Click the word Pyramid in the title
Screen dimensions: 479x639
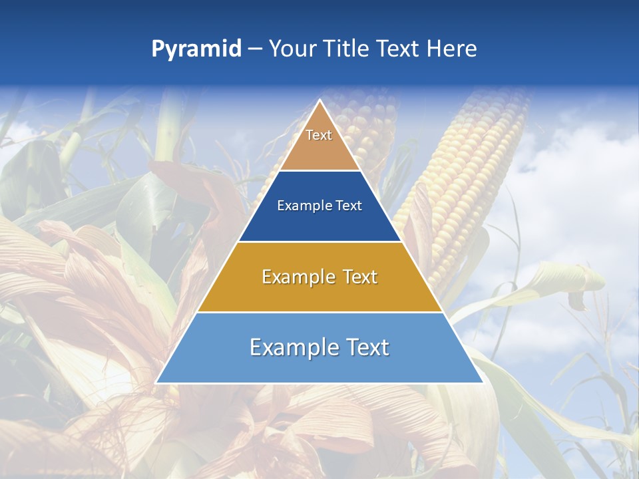coord(196,49)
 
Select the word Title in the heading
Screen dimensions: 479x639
coord(345,49)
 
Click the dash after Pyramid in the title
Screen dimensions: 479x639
coord(255,49)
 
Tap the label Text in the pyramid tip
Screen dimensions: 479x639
coord(319,135)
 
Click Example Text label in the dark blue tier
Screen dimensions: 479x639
coord(319,206)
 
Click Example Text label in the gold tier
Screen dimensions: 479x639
coord(319,277)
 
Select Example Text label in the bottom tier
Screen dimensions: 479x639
coord(319,347)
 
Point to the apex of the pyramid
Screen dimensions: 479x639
coord(319,101)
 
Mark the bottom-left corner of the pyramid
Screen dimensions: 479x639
coord(157,383)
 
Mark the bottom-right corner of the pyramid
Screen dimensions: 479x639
coord(483,383)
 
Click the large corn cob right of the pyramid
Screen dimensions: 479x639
coord(466,173)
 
